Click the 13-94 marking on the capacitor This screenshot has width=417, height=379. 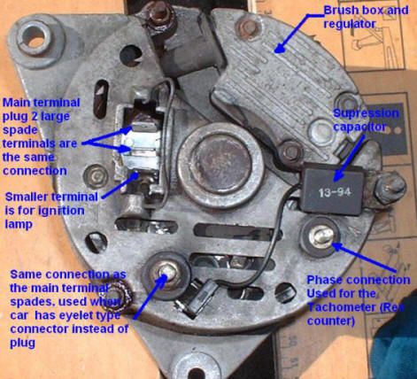click(x=335, y=193)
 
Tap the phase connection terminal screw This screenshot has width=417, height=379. click(x=320, y=236)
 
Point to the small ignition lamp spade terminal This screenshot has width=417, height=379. click(x=137, y=176)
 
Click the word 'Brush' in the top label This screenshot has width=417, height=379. click(x=340, y=11)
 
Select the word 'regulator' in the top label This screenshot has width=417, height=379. click(x=350, y=24)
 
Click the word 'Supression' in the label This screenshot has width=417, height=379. click(x=366, y=113)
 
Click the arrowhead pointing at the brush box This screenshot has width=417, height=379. click(x=280, y=49)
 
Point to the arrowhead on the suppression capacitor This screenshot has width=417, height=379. click(x=338, y=176)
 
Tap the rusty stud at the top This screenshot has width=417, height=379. click(x=160, y=15)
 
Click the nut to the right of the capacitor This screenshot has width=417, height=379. click(x=389, y=188)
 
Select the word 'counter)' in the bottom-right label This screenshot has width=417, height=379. click(x=331, y=321)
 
